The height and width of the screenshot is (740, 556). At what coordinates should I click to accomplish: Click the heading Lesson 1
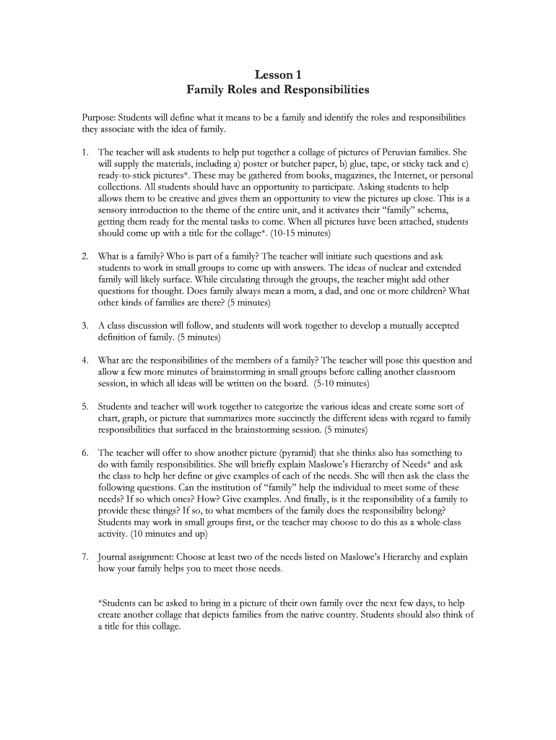pyautogui.click(x=277, y=74)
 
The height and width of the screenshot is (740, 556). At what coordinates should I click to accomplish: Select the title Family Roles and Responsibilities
pyautogui.click(x=277, y=90)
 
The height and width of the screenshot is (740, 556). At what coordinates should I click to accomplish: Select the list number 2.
pyautogui.click(x=84, y=256)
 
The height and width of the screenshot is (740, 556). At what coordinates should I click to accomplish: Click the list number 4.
pyautogui.click(x=84, y=360)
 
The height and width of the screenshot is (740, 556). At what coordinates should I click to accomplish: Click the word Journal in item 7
pyautogui.click(x=115, y=557)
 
